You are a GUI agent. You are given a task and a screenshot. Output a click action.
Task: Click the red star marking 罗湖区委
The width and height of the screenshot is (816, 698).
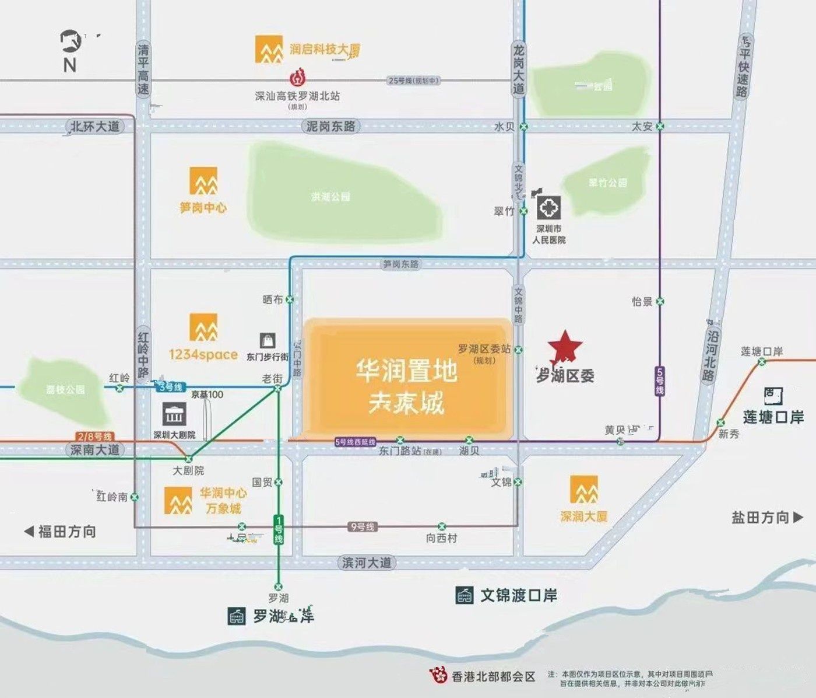click(x=565, y=347)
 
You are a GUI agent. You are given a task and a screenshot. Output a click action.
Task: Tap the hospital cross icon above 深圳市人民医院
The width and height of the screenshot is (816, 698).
click(x=548, y=208)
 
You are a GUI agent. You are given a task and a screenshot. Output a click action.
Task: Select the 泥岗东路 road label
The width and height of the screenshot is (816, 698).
click(x=330, y=126)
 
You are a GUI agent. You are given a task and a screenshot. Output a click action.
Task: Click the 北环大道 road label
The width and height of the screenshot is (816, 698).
click(x=94, y=126)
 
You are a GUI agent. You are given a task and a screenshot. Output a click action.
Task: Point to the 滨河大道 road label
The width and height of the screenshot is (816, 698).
click(x=367, y=563)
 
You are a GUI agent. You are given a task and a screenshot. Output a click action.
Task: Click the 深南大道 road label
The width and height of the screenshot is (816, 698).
click(x=94, y=450)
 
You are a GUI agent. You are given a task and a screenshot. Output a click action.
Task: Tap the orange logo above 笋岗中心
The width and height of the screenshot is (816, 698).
click(x=203, y=181)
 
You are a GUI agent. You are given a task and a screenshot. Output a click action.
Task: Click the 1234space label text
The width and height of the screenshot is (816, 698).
click(x=203, y=354)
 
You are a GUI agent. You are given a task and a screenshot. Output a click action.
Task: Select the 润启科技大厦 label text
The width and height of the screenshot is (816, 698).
click(x=325, y=50)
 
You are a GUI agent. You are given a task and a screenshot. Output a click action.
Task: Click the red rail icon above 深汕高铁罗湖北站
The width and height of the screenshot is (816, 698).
click(x=297, y=78)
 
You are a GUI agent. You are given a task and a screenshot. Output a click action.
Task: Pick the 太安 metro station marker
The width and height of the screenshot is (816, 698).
click(x=660, y=126)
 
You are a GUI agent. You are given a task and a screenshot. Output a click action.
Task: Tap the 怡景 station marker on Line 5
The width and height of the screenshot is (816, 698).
click(x=660, y=302)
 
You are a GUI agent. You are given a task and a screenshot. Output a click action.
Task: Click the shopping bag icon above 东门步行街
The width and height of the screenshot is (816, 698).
click(x=268, y=341)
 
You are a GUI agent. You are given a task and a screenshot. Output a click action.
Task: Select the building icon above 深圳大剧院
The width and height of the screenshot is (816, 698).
click(x=174, y=414)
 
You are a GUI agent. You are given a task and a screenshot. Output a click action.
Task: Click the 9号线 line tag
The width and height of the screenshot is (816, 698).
click(x=362, y=527)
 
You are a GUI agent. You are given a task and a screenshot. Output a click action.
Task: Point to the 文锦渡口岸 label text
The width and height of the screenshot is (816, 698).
click(x=518, y=596)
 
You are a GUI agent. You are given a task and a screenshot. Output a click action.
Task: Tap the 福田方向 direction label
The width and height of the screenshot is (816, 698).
click(x=61, y=532)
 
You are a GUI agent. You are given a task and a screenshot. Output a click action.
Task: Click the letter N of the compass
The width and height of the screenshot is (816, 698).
click(x=70, y=65)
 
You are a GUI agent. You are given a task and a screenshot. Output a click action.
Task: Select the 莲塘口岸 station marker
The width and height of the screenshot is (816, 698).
click(x=762, y=362)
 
